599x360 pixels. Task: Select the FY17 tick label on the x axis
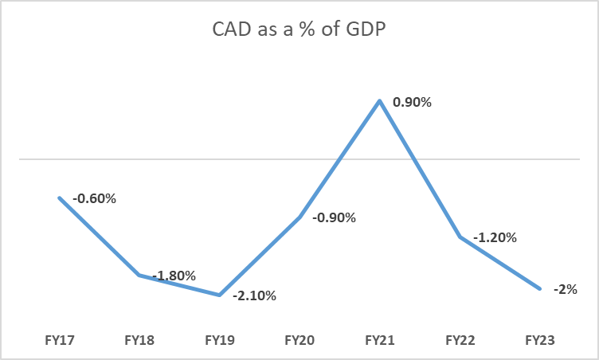tap(60, 340)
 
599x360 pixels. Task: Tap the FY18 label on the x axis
tap(139, 340)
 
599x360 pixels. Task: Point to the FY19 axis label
tap(219, 340)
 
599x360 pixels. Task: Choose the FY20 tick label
tap(299, 340)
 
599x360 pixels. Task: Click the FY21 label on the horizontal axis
tap(379, 340)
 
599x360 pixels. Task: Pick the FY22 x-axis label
tap(460, 340)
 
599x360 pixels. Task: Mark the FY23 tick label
tap(539, 340)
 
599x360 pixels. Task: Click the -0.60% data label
tap(94, 198)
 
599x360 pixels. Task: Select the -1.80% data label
tap(174, 276)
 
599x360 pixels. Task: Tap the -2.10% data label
tap(254, 296)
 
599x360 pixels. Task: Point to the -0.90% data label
tap(334, 217)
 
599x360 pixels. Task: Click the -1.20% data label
tap(495, 237)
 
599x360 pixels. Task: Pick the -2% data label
tap(566, 289)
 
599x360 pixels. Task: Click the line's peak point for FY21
tap(380, 100)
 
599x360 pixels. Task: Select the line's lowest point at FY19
tap(219, 295)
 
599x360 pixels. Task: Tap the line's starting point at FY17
tap(60, 198)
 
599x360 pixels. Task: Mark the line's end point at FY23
tap(539, 288)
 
